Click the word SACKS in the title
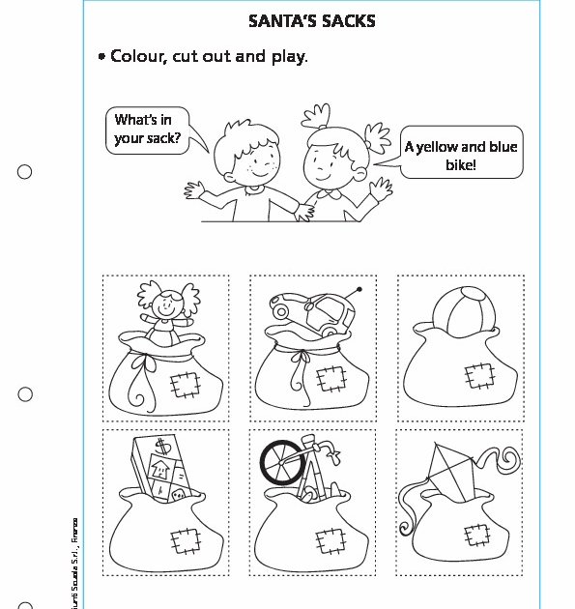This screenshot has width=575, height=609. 344,20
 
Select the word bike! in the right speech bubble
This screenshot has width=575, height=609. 462,164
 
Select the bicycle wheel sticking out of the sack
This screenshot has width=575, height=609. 282,463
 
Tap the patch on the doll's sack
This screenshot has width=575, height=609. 184,387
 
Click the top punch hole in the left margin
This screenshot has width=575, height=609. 25,172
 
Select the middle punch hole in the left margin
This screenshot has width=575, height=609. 25,394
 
